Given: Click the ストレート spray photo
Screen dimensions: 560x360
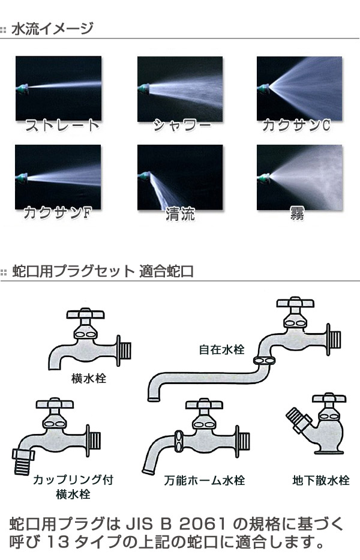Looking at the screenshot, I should (x=58, y=88).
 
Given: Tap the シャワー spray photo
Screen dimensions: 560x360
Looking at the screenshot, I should (x=180, y=88).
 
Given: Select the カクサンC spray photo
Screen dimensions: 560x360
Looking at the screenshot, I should (x=299, y=88).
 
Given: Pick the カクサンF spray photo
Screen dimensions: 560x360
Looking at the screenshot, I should (x=58, y=177).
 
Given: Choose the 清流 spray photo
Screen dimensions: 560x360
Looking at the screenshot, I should (x=180, y=177).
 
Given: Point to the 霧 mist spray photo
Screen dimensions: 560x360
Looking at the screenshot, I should (x=299, y=177).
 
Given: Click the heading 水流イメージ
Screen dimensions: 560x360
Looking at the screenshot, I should (x=52, y=28).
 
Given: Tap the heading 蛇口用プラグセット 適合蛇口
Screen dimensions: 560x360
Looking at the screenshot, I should (x=103, y=271).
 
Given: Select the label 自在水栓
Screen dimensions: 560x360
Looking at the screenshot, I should (x=222, y=349).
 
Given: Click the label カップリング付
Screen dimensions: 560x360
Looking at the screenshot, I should (x=73, y=480).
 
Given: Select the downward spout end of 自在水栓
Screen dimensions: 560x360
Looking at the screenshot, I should (x=152, y=395).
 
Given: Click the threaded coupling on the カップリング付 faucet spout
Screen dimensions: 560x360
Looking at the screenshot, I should (x=23, y=460).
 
